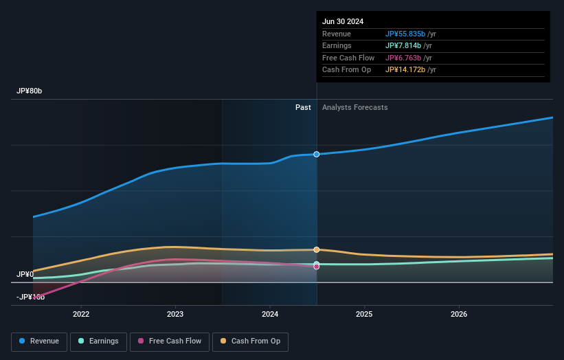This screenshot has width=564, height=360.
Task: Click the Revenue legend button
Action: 40,341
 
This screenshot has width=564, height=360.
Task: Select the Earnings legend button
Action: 98,341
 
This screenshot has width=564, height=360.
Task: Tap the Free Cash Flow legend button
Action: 169,341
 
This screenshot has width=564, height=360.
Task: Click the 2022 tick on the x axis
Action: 81,314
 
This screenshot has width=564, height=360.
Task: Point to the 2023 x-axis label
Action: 175,314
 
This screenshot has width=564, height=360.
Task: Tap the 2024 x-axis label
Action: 270,314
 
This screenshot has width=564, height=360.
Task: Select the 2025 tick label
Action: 364,314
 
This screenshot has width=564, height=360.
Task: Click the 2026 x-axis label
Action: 459,314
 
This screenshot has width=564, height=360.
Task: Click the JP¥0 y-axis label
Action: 25,275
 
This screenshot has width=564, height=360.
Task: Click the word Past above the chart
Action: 303,108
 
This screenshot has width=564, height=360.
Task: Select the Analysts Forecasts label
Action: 354,108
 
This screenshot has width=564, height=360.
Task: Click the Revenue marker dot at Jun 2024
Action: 317,154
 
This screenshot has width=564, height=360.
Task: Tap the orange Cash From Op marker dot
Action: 317,249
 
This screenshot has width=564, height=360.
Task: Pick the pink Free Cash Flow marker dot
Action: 317,267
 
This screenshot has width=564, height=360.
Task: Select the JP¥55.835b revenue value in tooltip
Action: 406,34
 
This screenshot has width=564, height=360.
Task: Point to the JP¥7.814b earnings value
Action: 404,46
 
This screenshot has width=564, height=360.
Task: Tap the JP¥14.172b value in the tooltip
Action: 406,70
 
